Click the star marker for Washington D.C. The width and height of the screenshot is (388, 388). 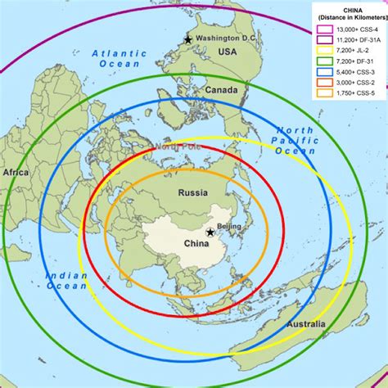pyautogui.click(x=190, y=39)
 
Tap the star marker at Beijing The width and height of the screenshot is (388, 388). pyautogui.click(x=211, y=233)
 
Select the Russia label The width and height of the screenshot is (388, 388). pyautogui.click(x=194, y=192)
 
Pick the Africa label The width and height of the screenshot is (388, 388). pyautogui.click(x=15, y=173)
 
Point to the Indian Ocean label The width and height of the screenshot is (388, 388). pyautogui.click(x=66, y=282)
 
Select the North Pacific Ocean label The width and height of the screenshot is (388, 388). pyautogui.click(x=295, y=141)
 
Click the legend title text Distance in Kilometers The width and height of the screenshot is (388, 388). pyautogui.click(x=349, y=18)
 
